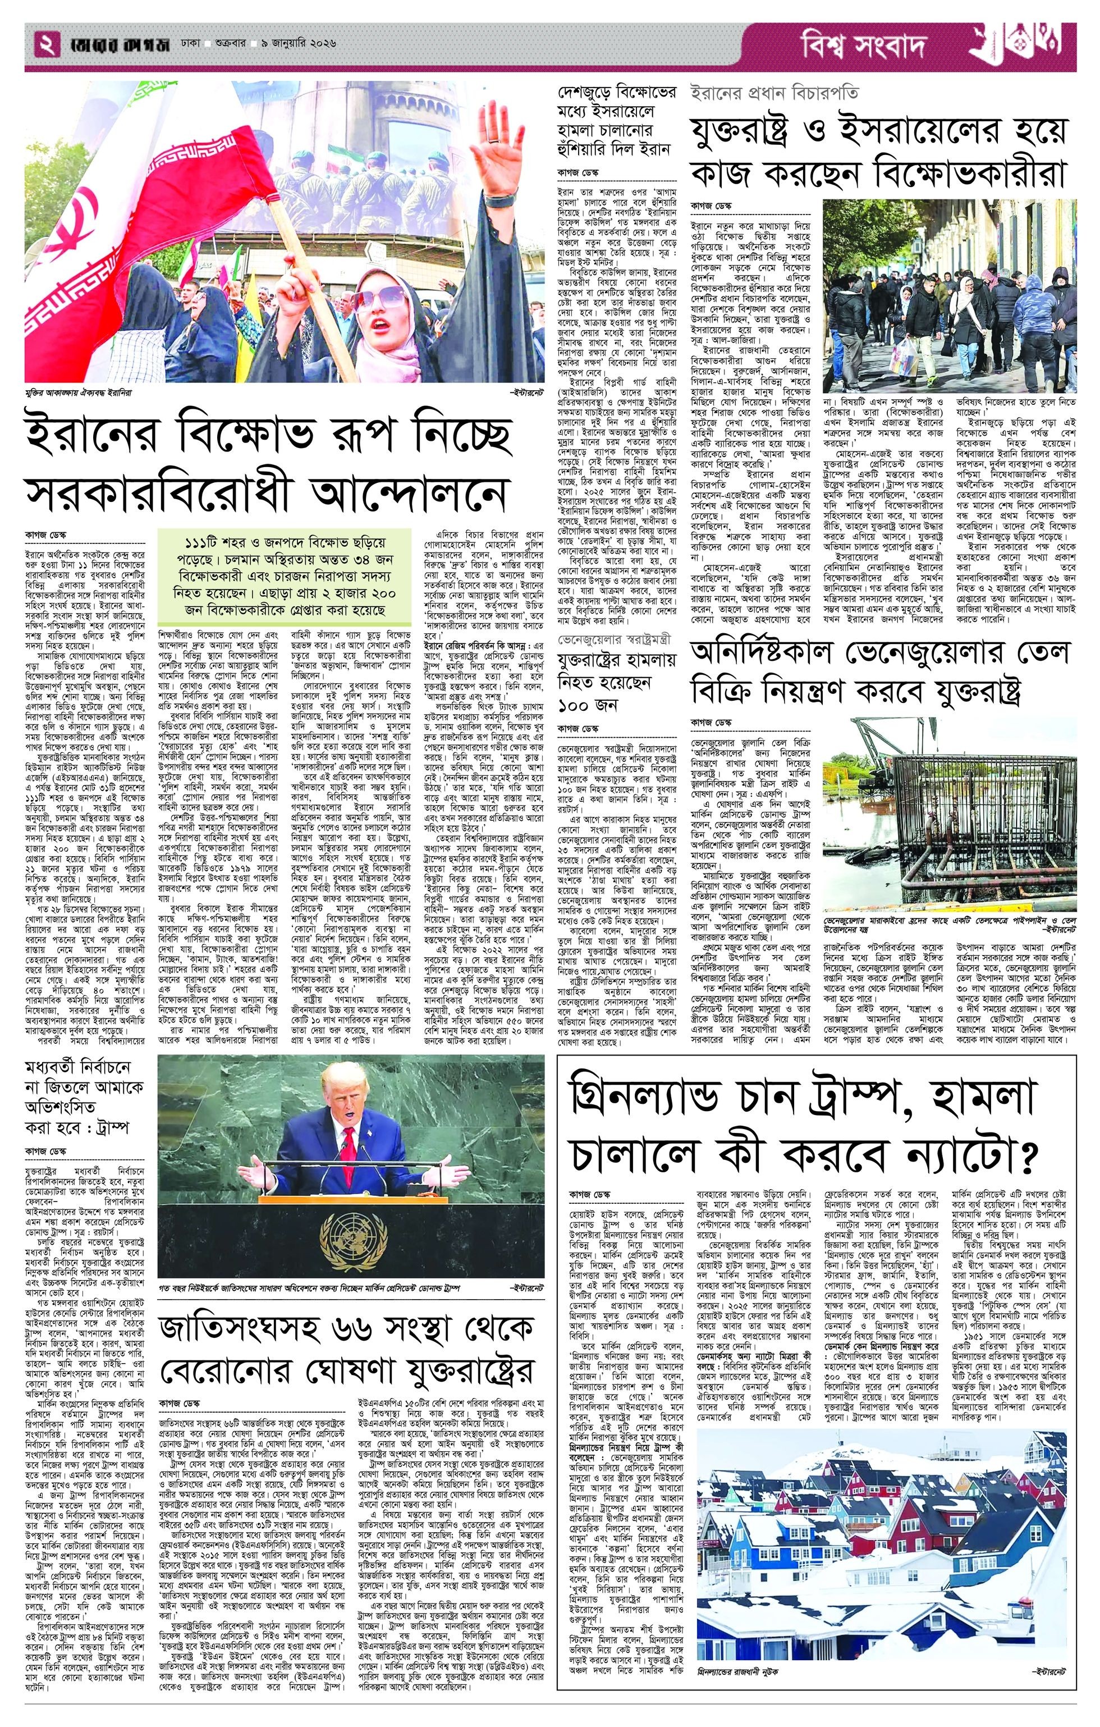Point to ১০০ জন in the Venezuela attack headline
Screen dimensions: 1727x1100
588,703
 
